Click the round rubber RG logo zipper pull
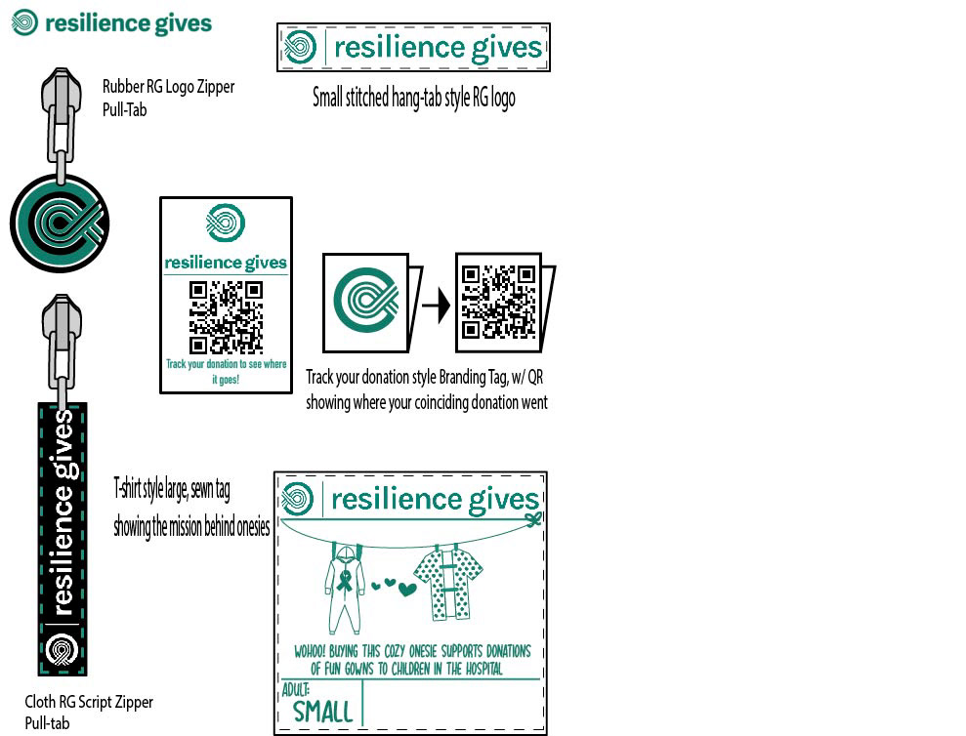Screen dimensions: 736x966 pos(60,224)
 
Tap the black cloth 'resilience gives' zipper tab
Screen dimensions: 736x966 pos(63,537)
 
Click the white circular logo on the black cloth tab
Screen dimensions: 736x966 pos(63,648)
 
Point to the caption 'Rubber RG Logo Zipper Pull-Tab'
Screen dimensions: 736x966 pos(168,98)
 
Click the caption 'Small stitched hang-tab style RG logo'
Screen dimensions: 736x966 pos(413,98)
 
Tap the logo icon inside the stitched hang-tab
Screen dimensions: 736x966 pos(299,47)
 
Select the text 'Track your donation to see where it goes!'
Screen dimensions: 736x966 pos(226,370)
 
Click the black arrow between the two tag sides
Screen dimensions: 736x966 pos(436,307)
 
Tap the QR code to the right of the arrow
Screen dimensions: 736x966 pos(498,303)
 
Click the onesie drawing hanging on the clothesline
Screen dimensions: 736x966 pos(344,591)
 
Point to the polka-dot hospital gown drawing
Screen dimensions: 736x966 pos(448,584)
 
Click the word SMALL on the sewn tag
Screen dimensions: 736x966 pos(322,710)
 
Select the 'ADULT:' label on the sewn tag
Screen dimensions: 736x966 pos(295,688)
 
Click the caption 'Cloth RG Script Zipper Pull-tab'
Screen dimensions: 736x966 pos(89,713)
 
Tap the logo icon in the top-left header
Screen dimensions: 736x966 pos(25,22)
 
